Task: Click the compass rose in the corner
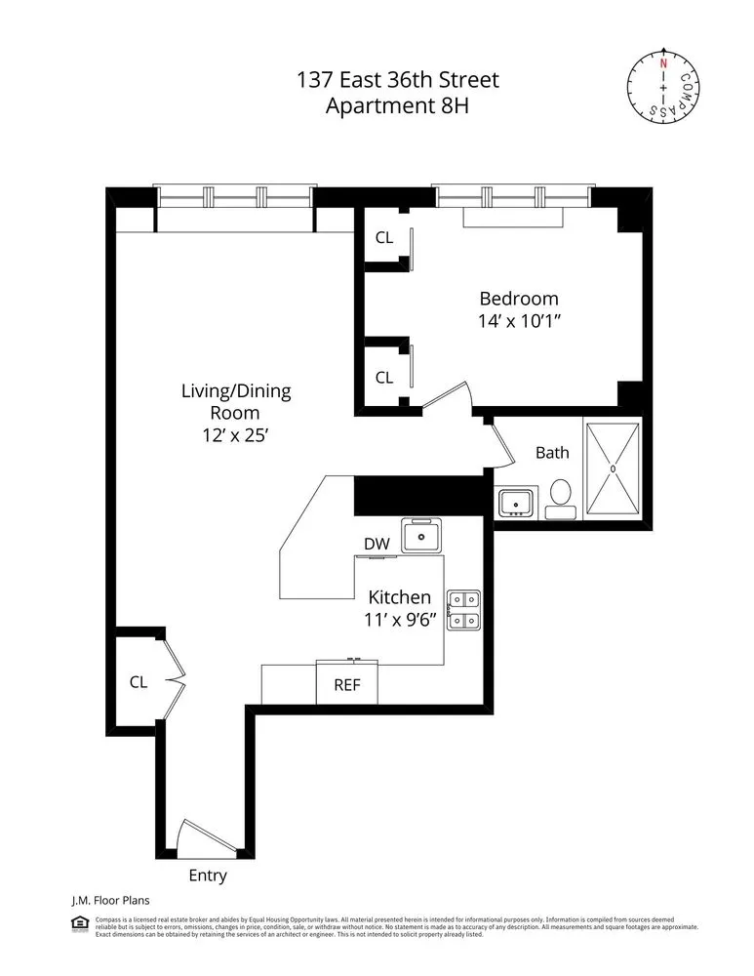(663, 87)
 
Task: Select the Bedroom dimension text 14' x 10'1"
(518, 320)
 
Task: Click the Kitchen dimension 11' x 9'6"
(398, 619)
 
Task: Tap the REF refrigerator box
(347, 684)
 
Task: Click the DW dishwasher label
(377, 544)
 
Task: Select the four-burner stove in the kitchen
(462, 609)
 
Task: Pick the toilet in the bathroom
(561, 495)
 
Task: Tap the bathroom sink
(514, 502)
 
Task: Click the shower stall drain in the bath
(613, 468)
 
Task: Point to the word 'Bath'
(552, 453)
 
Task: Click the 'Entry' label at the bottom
(207, 875)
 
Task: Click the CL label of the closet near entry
(139, 682)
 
